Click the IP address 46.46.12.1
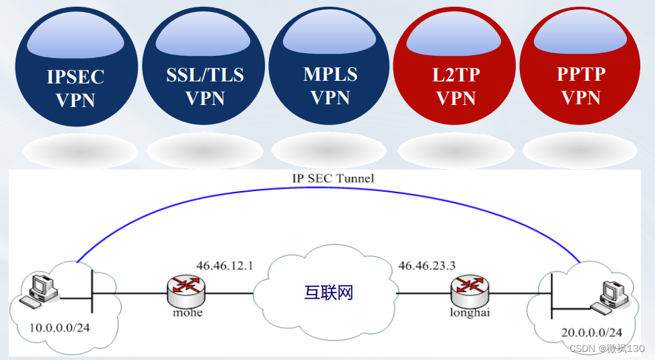(x=225, y=265)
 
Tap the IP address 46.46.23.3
(x=426, y=265)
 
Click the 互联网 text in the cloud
(x=329, y=293)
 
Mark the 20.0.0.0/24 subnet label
(x=592, y=332)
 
